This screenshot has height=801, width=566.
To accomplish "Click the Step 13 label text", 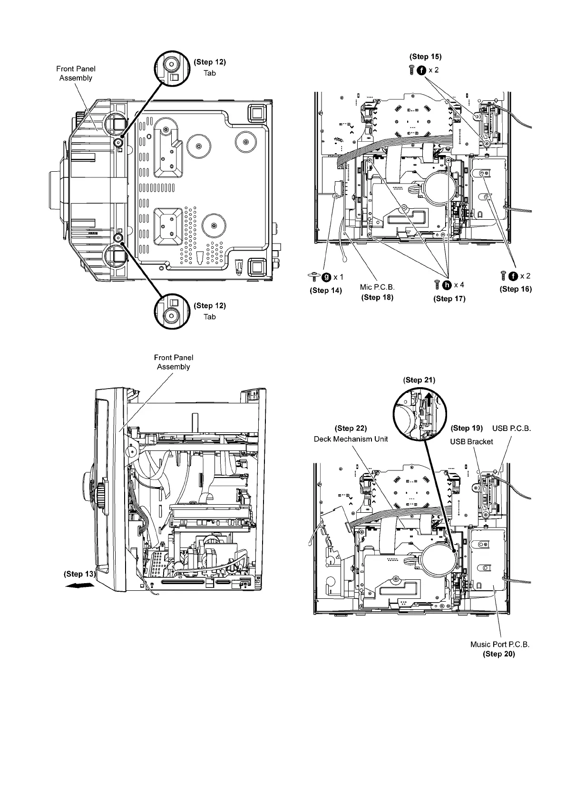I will tap(79, 574).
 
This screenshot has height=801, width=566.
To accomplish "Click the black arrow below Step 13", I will tap(79, 586).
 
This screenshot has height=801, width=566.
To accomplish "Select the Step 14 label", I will tap(326, 290).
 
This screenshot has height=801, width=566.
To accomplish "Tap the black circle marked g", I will tap(327, 277).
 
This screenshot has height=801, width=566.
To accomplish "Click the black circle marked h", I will tap(447, 285).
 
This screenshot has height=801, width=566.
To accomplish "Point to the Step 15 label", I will tap(426, 57).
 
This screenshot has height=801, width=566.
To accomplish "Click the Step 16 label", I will tap(516, 289).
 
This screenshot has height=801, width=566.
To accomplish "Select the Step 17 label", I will tap(449, 298).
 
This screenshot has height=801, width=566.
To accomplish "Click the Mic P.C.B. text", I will tap(377, 287).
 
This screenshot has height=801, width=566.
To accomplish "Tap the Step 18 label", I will tap(377, 298).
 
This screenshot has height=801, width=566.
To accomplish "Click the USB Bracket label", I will tap(471, 441).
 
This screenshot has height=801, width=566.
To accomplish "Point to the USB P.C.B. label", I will tap(511, 428).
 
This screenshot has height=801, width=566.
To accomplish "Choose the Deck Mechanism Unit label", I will tap(351, 439).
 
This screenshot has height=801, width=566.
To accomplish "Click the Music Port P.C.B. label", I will tap(499, 645).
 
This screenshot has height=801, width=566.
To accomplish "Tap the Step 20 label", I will tap(499, 654).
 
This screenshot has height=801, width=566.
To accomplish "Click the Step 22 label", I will tap(351, 428).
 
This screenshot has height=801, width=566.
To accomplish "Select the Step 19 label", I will tap(467, 428).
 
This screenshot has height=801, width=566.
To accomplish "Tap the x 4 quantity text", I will tap(459, 285).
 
